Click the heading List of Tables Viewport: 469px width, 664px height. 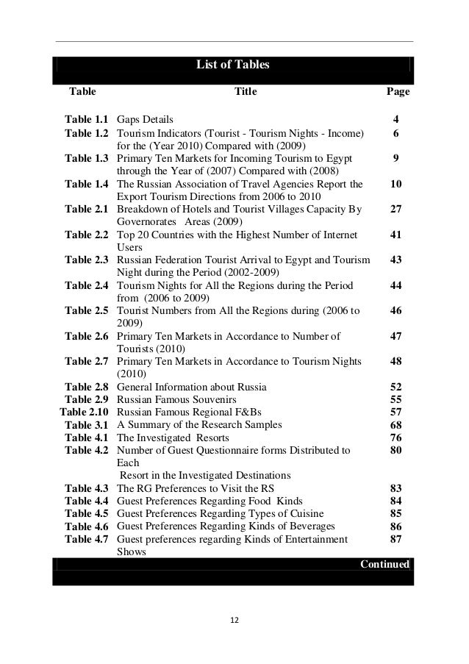[x=232, y=65]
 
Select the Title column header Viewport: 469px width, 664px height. [x=245, y=93]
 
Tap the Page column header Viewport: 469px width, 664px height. [x=398, y=93]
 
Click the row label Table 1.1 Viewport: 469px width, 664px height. [x=87, y=119]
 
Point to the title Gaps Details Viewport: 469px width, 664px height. [x=146, y=119]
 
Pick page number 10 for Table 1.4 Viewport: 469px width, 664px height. [x=395, y=183]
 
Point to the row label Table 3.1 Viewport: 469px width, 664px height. [x=87, y=425]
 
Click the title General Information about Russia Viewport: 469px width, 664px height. [x=191, y=387]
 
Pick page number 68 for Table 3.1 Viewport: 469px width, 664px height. [x=395, y=425]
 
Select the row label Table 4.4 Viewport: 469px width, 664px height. [x=87, y=501]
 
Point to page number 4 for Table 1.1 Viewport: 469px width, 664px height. [x=396, y=119]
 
